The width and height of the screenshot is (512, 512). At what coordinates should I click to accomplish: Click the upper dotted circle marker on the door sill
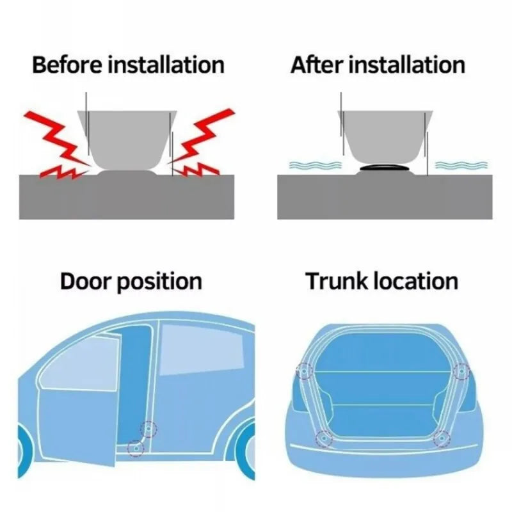click(149, 429)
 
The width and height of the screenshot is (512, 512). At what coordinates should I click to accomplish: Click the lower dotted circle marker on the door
click(135, 448)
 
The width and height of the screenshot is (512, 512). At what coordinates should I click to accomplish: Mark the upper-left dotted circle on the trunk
click(303, 371)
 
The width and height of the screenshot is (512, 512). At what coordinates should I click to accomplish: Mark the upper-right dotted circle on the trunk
click(460, 371)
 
